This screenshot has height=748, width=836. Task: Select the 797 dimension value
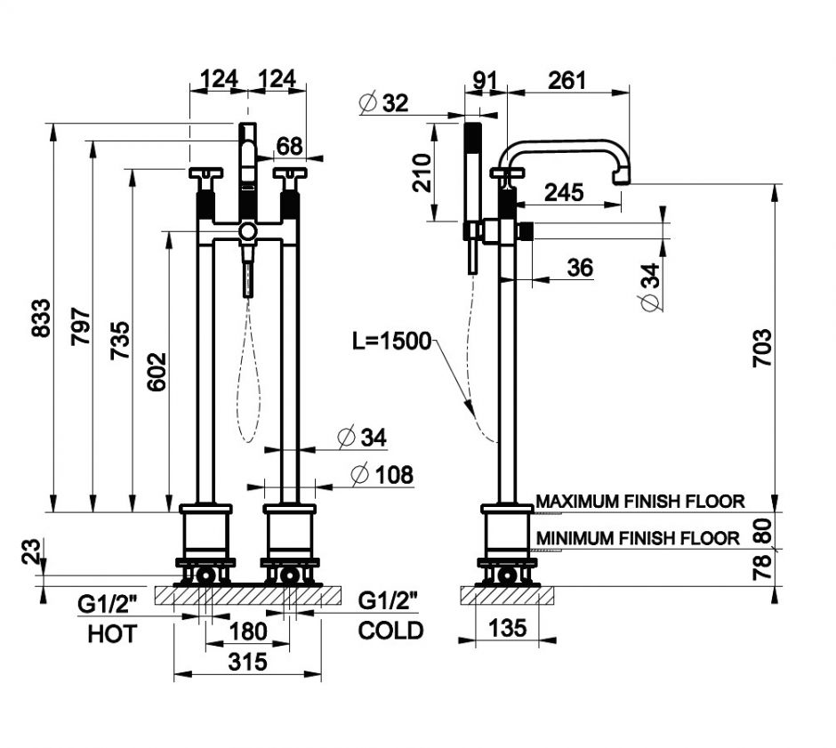(80, 329)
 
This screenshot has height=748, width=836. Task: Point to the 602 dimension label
(156, 372)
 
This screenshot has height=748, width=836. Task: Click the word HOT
(112, 634)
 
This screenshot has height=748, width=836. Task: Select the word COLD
(390, 631)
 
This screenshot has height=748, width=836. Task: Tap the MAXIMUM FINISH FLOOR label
(640, 502)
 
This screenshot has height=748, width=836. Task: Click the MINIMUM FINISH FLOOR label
(638, 538)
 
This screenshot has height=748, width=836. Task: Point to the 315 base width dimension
(248, 662)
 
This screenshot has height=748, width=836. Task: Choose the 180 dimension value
(248, 631)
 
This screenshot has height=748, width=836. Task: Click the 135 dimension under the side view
(507, 628)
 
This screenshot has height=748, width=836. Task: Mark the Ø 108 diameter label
(383, 475)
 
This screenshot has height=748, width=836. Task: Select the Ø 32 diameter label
(384, 103)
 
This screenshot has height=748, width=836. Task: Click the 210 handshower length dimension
(422, 173)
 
